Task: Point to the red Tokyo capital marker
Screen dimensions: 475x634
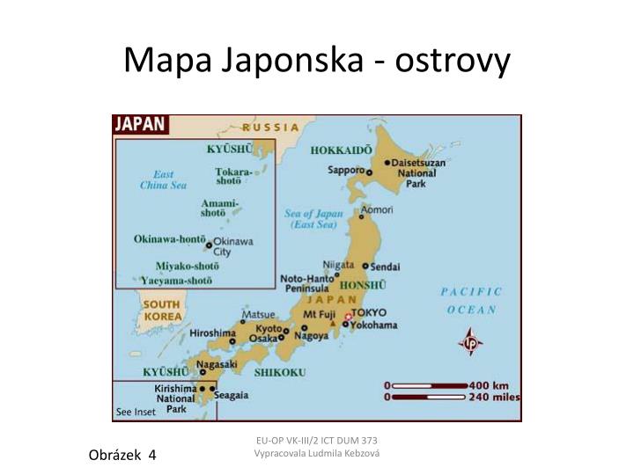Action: tap(349, 315)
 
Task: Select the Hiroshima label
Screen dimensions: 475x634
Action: tap(212, 333)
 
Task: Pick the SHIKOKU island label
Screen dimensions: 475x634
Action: tap(280, 373)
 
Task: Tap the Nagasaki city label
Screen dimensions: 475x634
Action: tap(217, 363)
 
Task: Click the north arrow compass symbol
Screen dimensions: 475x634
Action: tap(471, 341)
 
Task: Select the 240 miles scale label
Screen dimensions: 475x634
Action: tap(492, 397)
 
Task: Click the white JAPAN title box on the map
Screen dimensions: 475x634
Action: tap(141, 124)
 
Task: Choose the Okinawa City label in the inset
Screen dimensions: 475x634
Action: tap(233, 246)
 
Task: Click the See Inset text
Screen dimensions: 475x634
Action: tap(136, 412)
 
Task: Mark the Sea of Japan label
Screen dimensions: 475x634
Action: tap(313, 219)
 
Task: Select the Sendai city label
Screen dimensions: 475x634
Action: tap(385, 266)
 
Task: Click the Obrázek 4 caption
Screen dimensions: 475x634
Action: tap(122, 454)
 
